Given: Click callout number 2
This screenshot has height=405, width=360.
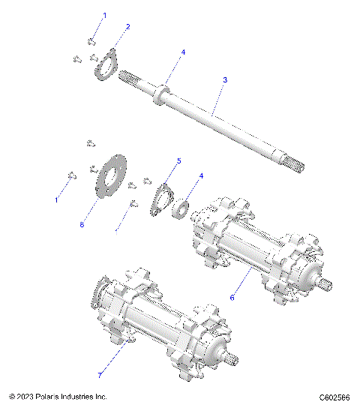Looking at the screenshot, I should tap(128, 26).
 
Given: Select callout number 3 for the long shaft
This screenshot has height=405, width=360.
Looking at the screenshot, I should tap(225, 79).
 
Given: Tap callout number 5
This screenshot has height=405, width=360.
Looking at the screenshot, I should tap(178, 160).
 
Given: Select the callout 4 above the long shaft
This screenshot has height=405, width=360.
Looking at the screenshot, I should tap(182, 52).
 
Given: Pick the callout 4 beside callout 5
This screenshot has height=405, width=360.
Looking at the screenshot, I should tap(199, 176).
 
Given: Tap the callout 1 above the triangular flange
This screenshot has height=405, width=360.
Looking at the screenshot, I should tap(104, 15).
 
